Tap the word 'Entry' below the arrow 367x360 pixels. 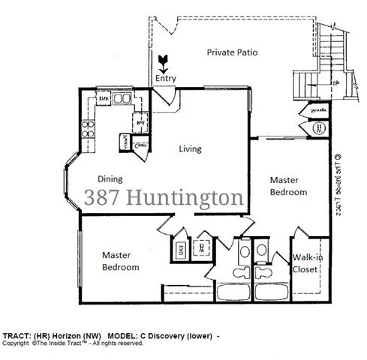pyautogui.click(x=165, y=78)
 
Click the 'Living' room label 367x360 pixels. pyautogui.click(x=190, y=148)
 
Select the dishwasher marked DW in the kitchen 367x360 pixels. pyautogui.click(x=104, y=98)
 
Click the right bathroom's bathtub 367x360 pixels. pyautogui.click(x=273, y=291)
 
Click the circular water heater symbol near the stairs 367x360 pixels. pyautogui.click(x=319, y=128)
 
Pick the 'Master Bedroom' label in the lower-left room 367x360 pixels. pyautogui.click(x=120, y=261)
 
